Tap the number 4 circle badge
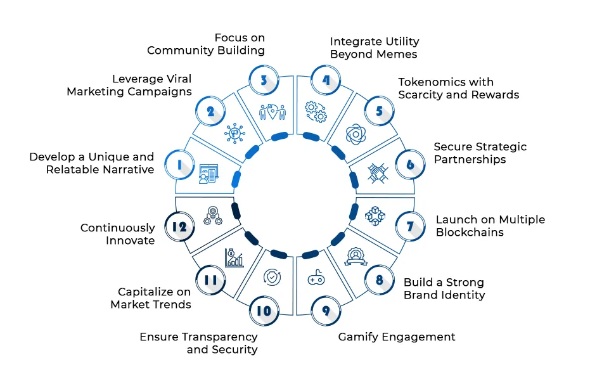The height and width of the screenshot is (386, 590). tap(326, 80)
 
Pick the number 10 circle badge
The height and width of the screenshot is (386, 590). tap(263, 311)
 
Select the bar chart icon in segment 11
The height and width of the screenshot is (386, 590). tap(233, 257)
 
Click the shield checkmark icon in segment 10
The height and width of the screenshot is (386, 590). tap(271, 277)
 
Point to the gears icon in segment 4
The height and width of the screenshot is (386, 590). tap(315, 112)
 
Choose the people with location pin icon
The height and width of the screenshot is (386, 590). tap(273, 111)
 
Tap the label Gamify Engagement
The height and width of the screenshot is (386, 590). tap(396, 337)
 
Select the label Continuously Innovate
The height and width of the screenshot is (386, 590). tap(117, 234)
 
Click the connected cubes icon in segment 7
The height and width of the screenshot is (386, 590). tap(376, 216)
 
